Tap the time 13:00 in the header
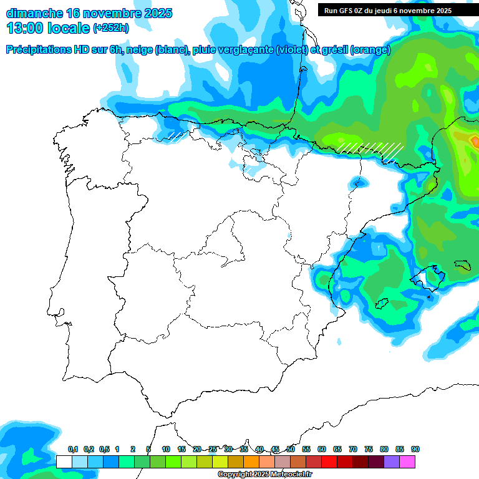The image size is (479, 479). tap(27, 28)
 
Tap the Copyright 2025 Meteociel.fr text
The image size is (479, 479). tap(265, 475)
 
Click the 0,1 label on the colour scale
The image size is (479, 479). tap(73, 450)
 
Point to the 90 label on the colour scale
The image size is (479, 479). tap(415, 450)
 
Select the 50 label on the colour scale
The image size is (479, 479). tap(291, 450)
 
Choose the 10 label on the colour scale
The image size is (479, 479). tap(166, 450)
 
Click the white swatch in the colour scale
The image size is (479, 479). tap(64, 462)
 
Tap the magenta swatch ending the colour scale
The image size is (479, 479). tap(407, 462)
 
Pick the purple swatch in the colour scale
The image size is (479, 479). tap(392, 462)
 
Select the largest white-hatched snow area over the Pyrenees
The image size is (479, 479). tap(371, 149)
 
